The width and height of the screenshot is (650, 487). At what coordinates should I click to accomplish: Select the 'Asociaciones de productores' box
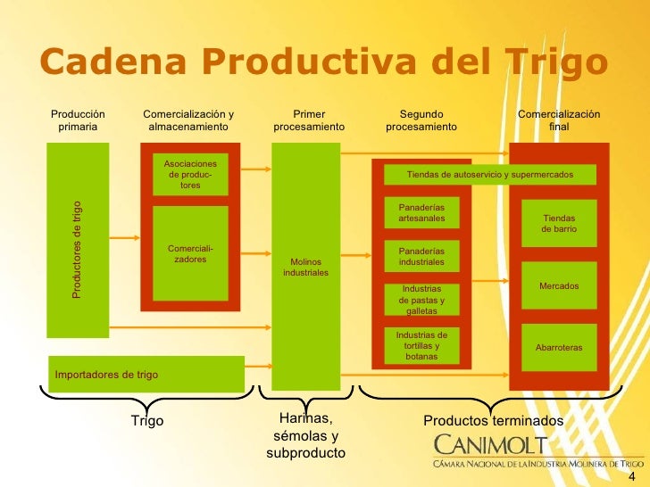point(190,174)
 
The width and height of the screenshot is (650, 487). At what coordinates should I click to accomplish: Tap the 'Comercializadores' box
point(190,253)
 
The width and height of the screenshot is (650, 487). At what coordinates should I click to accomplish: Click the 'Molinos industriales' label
point(305,267)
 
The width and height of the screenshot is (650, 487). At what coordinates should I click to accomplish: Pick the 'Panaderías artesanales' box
point(421,213)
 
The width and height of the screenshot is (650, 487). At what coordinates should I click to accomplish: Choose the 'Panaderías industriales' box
point(421,257)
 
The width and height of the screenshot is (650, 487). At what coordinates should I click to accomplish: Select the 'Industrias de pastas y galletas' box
point(421,301)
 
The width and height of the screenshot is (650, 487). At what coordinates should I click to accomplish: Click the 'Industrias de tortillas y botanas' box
point(421,344)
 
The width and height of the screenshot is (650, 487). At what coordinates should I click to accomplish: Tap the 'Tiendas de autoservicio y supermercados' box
point(489,175)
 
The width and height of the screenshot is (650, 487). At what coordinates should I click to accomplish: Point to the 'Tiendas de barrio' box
point(559,224)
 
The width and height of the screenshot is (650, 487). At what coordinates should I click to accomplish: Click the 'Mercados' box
point(559,285)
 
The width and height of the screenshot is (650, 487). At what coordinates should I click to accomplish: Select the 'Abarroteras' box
point(559,346)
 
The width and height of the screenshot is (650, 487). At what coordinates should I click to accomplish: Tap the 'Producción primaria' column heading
point(78,120)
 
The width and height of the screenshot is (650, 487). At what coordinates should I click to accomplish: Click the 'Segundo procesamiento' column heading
point(421,120)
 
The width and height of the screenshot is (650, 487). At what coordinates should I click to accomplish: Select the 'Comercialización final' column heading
point(559,120)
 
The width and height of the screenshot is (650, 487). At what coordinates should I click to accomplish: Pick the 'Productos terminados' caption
point(493,420)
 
